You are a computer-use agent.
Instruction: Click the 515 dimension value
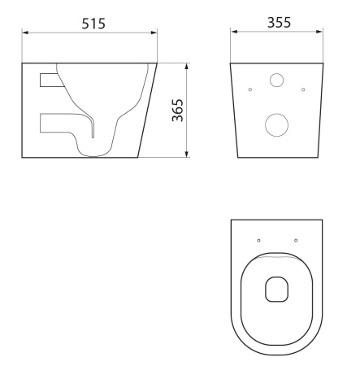[93, 24]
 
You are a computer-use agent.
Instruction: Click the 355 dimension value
[279, 23]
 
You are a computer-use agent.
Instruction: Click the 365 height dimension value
[178, 110]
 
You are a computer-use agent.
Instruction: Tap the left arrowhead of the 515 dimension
[25, 33]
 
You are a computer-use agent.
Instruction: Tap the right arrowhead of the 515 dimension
[154, 33]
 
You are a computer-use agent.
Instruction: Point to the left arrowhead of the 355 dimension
[234, 32]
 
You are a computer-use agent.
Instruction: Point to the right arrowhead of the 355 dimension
[319, 32]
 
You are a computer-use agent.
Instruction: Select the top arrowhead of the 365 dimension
[186, 67]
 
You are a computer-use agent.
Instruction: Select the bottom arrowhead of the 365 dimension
[186, 154]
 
